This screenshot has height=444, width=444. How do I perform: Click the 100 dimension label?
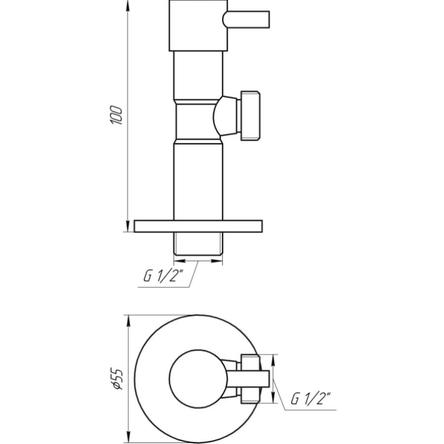tap(116, 115)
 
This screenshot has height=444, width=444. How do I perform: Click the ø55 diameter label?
tap(117, 378)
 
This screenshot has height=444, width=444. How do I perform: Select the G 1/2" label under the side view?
tap(163, 276)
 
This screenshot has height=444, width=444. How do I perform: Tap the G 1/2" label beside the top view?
tap(311, 398)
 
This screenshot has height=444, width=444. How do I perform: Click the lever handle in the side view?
tap(246, 20)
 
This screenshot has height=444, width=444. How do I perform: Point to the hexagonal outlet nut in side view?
tap(250, 116)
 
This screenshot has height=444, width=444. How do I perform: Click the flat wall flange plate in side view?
tap(198, 226)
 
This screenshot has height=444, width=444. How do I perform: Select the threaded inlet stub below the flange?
tap(198, 244)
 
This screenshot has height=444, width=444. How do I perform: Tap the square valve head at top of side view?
tap(198, 26)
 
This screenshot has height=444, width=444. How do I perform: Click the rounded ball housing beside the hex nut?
tap(225, 116)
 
